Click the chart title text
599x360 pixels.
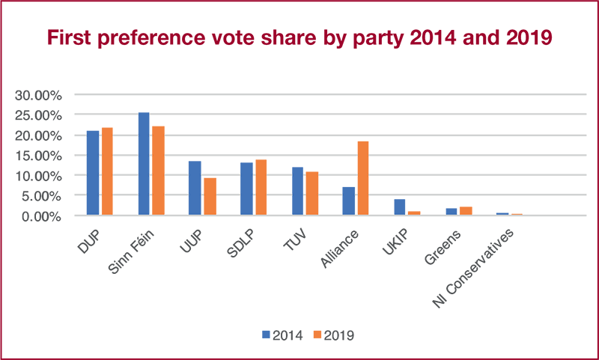pos(299,38)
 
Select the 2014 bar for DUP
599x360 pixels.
pos(93,173)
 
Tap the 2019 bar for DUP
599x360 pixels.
pos(107,171)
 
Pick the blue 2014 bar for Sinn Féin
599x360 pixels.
pos(144,164)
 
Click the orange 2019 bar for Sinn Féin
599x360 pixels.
pos(158,171)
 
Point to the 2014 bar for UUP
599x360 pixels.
pos(195,188)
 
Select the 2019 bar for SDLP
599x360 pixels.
pos(261,187)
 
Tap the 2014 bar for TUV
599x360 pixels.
pos(297,191)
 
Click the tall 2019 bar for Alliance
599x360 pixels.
pos(363,178)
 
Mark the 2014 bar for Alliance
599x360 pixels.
pos(349,201)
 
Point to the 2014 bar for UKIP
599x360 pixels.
pos(400,207)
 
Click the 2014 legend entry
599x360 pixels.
pos(282,335)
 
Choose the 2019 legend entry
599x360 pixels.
pos(334,335)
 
